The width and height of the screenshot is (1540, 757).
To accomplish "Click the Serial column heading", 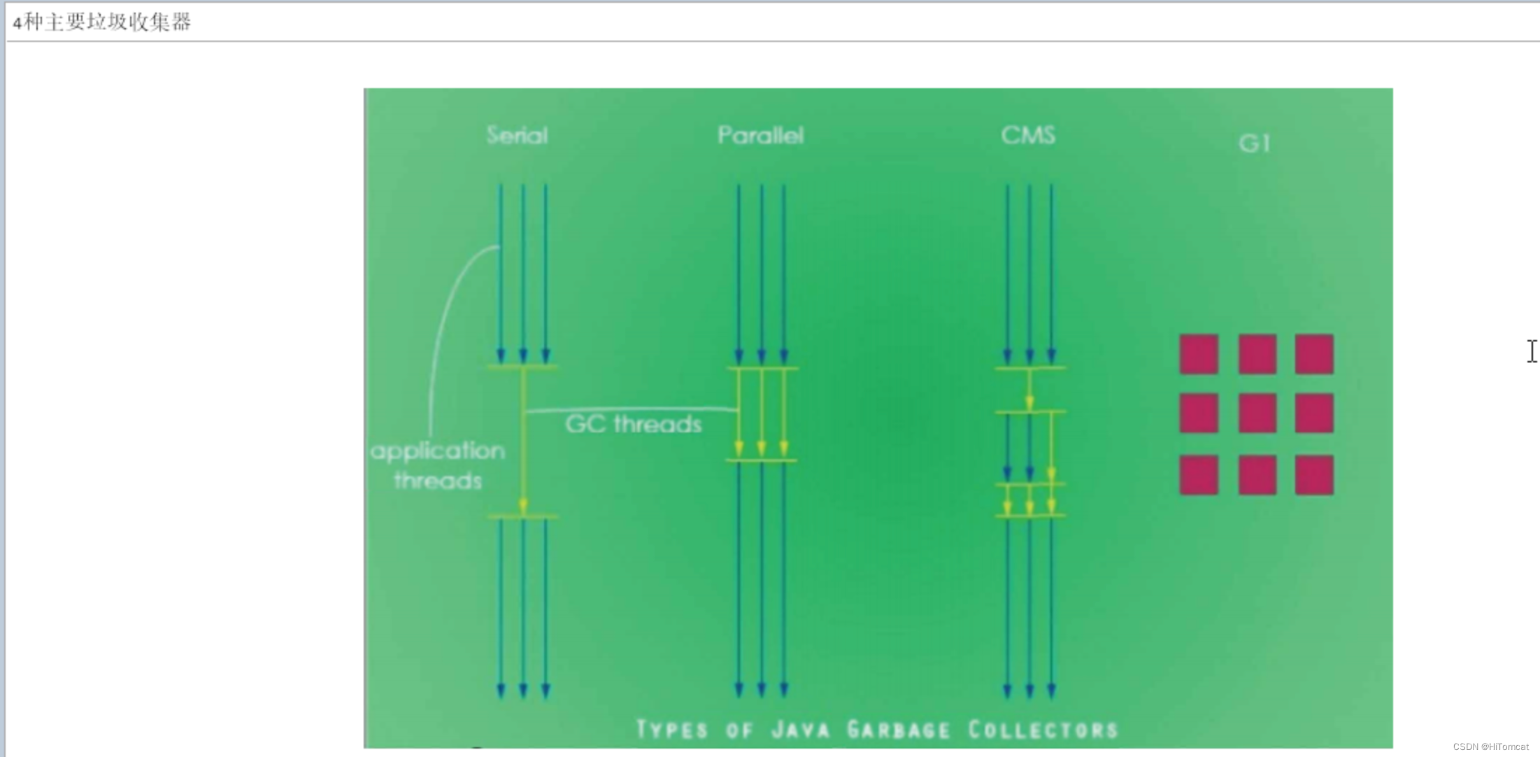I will coord(517,135).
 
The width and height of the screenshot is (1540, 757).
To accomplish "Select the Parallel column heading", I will coord(760,135).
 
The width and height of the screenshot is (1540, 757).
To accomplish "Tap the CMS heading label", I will coord(1027,135).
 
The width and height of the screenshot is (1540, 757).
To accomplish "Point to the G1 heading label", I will coord(1254,143).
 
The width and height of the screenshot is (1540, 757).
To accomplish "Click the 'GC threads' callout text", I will coord(633,424).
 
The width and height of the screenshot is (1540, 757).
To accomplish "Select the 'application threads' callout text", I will coord(437,465).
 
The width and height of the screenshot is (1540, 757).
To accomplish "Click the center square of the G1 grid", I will coord(1257,413).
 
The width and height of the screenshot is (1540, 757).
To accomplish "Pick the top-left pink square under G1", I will coord(1199,354).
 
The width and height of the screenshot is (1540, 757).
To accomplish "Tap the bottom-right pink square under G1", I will coord(1314,475).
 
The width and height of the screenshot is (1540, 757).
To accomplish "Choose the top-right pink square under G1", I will coord(1314,354).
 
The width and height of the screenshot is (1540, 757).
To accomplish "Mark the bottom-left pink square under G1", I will coord(1199,475).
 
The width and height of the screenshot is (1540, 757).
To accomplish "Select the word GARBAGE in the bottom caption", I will coord(898,730).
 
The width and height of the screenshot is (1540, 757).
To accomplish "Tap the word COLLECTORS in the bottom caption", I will coord(1043,730).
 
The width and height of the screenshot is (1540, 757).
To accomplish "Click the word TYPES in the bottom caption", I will coord(671,730).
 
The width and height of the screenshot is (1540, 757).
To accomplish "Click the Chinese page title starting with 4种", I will coord(102,22).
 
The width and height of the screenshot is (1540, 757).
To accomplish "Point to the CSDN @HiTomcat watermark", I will coord(1490,747).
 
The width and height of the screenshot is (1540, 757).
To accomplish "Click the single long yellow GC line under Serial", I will coord(523,441).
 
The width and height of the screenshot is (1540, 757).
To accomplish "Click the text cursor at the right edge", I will coord(1532,351).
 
